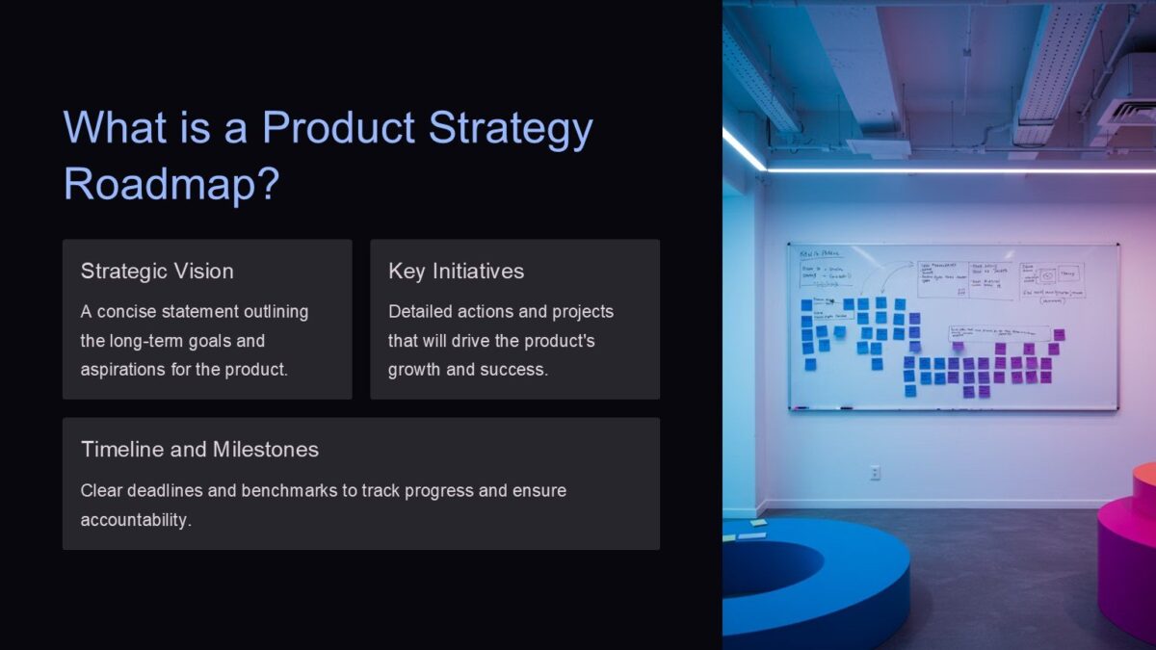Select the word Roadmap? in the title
click(171, 183)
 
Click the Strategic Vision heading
click(157, 272)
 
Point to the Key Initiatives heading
click(456, 272)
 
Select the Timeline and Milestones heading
click(199, 450)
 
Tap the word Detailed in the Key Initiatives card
click(421, 312)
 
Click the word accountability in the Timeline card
click(136, 520)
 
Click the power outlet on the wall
click(875, 472)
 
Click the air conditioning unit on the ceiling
click(1127, 111)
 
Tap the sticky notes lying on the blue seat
click(746, 529)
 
